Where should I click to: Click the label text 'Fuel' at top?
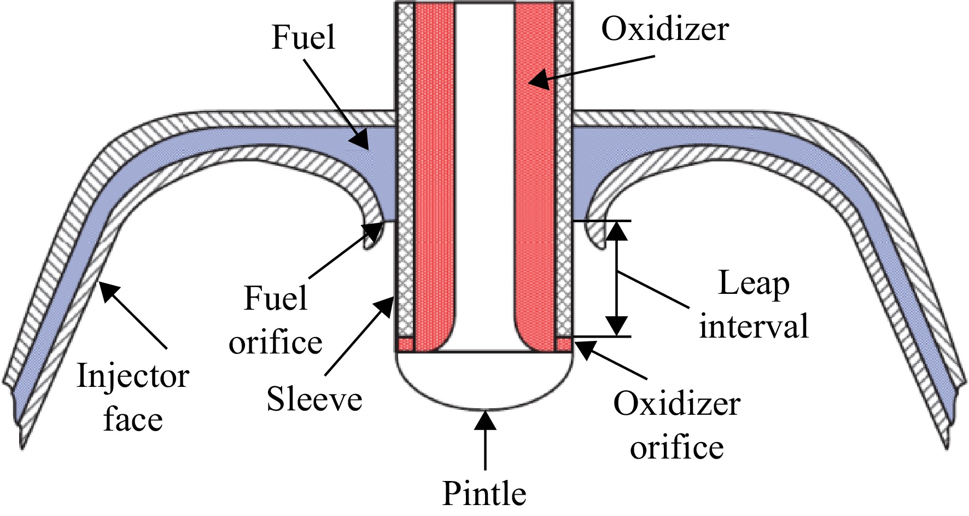[x=303, y=38]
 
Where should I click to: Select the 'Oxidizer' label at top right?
[x=665, y=28]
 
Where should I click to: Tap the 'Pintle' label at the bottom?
[x=484, y=494]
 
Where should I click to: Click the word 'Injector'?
[x=133, y=376]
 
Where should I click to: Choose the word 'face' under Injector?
[x=133, y=420]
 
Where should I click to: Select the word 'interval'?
[x=754, y=326]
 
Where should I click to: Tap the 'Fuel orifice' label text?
[x=276, y=321]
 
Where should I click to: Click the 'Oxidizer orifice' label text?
[x=677, y=426]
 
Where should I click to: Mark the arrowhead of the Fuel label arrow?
[x=360, y=140]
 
